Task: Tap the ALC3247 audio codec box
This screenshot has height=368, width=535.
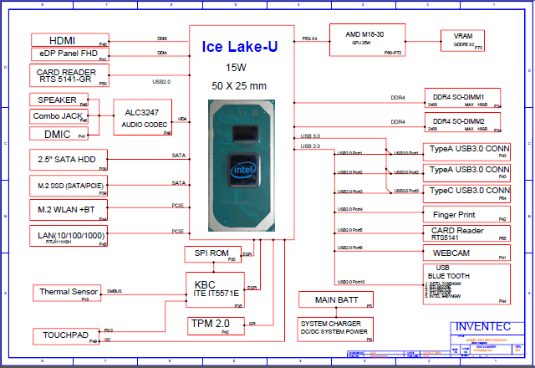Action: click(143, 117)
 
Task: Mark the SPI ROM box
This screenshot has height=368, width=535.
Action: click(211, 253)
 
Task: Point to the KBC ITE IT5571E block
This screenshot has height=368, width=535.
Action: click(215, 289)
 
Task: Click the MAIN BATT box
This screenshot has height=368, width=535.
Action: click(336, 299)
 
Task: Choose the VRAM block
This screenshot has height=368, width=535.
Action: click(462, 39)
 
